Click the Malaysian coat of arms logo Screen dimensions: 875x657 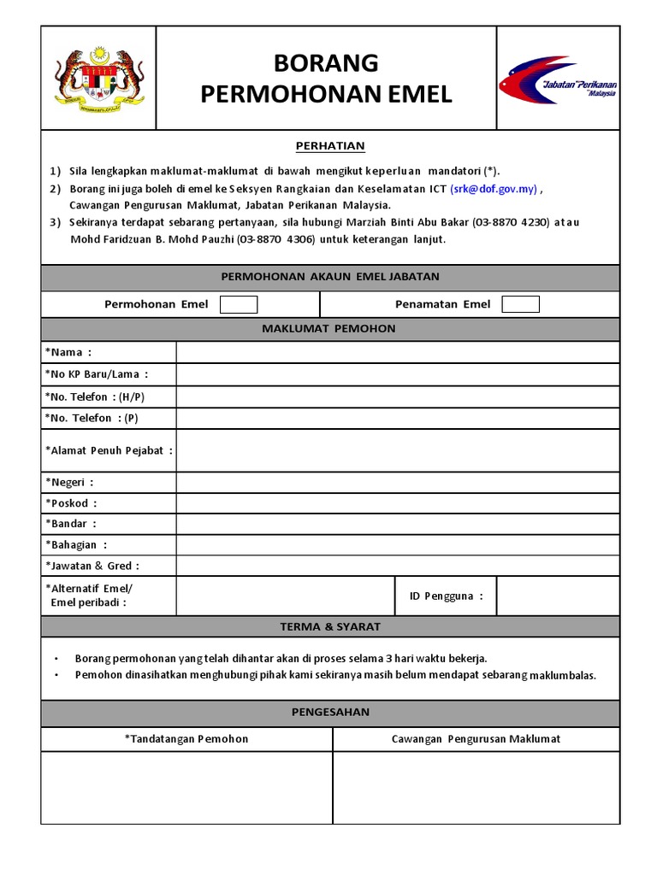pyautogui.click(x=99, y=78)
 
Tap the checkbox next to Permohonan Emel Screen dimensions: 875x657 pyautogui.click(x=239, y=304)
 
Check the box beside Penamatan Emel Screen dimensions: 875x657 pyautogui.click(x=520, y=304)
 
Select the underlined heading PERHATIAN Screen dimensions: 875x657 pyautogui.click(x=330, y=146)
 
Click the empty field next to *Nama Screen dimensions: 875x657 pyautogui.click(x=397, y=352)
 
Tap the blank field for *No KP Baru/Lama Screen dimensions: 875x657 pyautogui.click(x=397, y=374)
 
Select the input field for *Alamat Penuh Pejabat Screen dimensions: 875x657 pyautogui.click(x=397, y=450)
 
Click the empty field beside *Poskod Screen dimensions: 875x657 pyautogui.click(x=397, y=503)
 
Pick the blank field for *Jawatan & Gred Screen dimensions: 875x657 pyautogui.click(x=397, y=566)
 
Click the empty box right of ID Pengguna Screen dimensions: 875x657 pyautogui.click(x=557, y=596)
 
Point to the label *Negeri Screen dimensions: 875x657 pyautogui.click(x=69, y=482)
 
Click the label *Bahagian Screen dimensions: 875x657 pyautogui.click(x=76, y=544)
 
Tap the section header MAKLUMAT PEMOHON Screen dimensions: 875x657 pyautogui.click(x=330, y=329)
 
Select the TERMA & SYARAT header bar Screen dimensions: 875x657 pyautogui.click(x=330, y=626)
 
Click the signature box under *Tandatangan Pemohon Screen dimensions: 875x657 pyautogui.click(x=186, y=787)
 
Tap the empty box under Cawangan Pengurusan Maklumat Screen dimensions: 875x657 pyautogui.click(x=476, y=787)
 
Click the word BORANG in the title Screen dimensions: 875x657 pyautogui.click(x=326, y=63)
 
